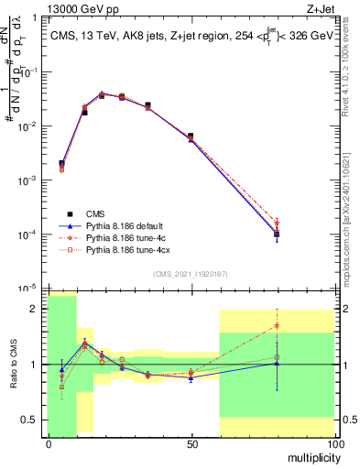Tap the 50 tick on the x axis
coord(191,443)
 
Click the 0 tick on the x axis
coord(49,443)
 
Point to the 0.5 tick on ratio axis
coord(31,420)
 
